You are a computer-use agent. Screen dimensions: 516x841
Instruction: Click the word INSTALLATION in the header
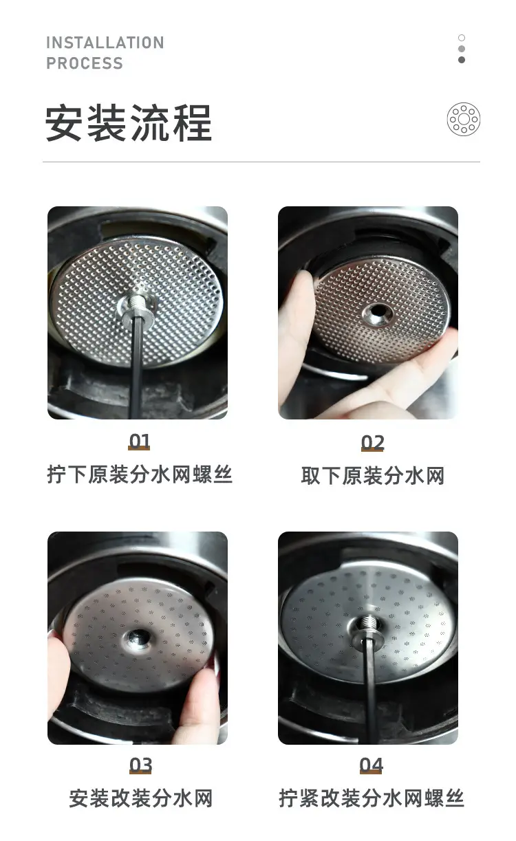tap(105, 43)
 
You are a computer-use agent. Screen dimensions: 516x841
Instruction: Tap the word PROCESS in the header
tap(85, 63)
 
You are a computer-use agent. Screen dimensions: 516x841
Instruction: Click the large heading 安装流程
tap(129, 123)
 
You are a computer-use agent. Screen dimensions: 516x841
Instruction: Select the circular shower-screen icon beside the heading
tap(464, 119)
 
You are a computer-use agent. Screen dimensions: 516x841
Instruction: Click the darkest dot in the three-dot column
tap(462, 60)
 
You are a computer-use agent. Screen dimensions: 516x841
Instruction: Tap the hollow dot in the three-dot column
tap(462, 38)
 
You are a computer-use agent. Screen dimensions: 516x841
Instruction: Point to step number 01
tap(140, 441)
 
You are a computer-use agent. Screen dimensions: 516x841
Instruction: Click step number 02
tap(372, 443)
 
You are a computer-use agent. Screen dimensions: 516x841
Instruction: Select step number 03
tap(140, 765)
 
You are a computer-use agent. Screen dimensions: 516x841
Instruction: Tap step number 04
tap(371, 765)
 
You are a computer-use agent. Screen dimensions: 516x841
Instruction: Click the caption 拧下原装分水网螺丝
tap(140, 474)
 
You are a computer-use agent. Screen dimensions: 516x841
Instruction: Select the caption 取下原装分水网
tap(372, 476)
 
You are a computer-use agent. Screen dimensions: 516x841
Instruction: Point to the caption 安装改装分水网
tap(141, 798)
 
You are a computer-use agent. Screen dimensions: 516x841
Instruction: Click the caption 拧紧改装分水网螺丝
tap(372, 798)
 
